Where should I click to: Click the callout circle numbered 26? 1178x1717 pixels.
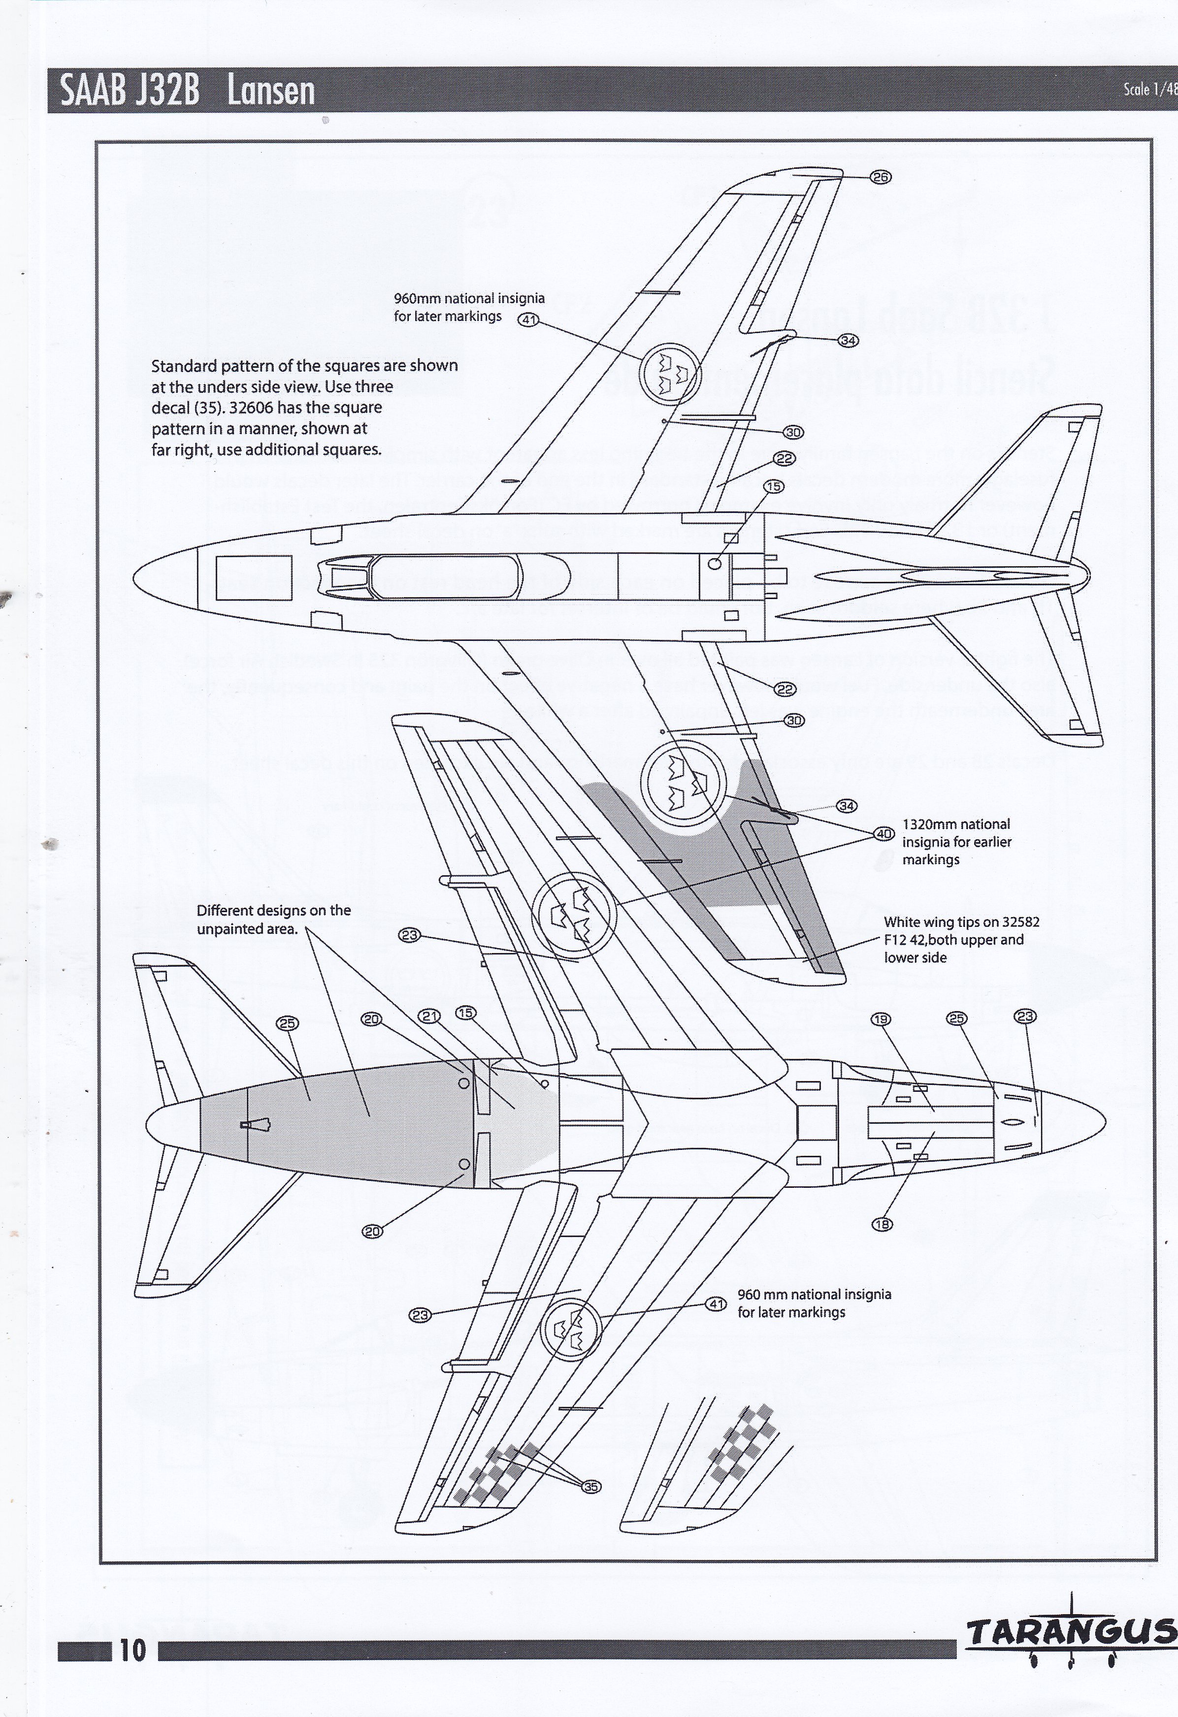(x=880, y=177)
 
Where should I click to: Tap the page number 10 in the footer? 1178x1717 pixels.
(x=132, y=1651)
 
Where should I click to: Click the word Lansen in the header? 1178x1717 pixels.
(x=271, y=92)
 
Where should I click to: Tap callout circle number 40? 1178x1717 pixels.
(x=884, y=834)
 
